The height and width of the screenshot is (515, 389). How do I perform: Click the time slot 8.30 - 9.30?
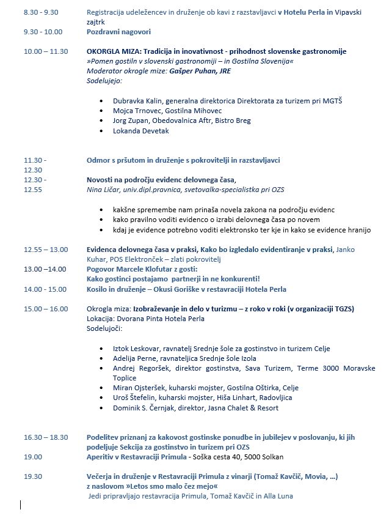(x=40, y=12)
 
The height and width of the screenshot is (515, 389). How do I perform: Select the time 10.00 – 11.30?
(x=46, y=51)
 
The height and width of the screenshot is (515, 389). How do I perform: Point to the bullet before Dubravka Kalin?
(x=102, y=101)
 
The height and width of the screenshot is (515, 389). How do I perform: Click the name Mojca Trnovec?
(x=135, y=111)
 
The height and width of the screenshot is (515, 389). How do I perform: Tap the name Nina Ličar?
(x=103, y=190)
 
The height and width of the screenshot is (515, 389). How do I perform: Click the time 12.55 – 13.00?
(x=46, y=249)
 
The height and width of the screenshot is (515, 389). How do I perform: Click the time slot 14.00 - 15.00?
(x=45, y=289)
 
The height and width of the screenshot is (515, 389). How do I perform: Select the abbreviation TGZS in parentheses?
(x=343, y=308)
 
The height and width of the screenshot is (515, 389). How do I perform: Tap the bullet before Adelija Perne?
(x=102, y=358)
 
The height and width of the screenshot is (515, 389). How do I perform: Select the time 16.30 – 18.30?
(x=46, y=437)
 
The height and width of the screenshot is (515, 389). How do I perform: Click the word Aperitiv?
(x=101, y=456)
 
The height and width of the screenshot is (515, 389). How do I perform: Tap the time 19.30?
(x=33, y=476)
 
